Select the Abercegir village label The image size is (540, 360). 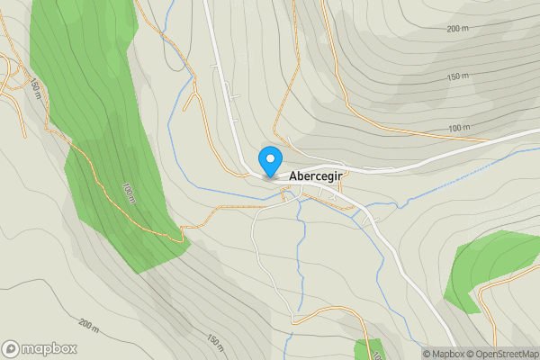(x=315, y=177)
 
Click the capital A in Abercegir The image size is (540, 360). (x=293, y=177)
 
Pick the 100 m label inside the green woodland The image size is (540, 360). (x=129, y=193)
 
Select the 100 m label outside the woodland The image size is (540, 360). (x=458, y=129)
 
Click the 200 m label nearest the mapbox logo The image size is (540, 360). (x=88, y=323)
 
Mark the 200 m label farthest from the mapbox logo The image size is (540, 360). (x=457, y=29)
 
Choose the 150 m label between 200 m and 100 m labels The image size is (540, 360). (x=459, y=76)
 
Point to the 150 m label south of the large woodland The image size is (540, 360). (x=215, y=342)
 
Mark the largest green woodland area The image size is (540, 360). (x=99, y=135)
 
